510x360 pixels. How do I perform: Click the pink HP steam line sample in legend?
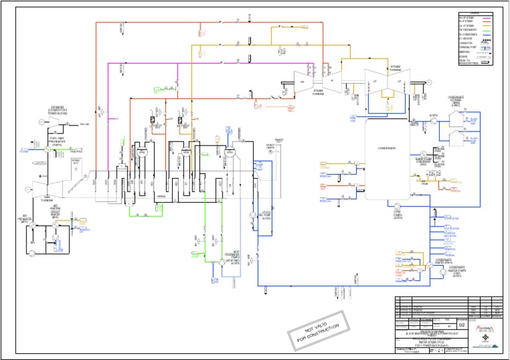pos(487,17)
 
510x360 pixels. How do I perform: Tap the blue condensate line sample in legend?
pos(487,37)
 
